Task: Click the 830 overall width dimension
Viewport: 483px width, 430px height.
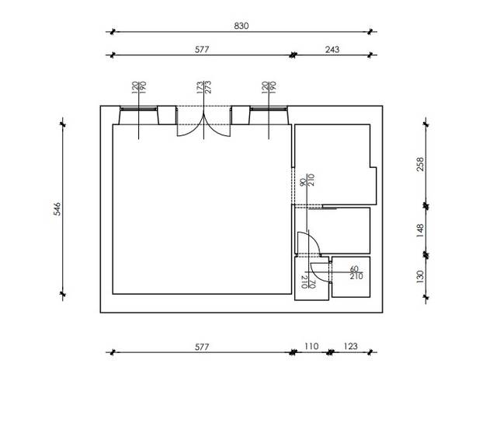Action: [241, 26]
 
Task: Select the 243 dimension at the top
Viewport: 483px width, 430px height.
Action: [332, 49]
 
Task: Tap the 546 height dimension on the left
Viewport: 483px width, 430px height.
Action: [57, 209]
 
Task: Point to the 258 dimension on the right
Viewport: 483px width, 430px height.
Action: [420, 164]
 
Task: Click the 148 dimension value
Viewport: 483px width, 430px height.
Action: [420, 230]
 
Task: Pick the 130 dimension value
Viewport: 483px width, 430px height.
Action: [420, 277]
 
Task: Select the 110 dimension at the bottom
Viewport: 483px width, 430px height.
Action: [311, 346]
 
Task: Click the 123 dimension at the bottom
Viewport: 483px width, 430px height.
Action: [350, 346]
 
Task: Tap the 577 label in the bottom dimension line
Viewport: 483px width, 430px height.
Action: [202, 347]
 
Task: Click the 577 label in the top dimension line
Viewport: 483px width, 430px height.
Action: [202, 49]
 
